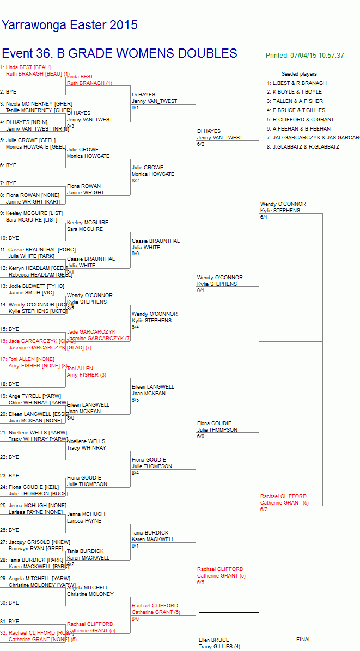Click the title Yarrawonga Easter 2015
[x=69, y=25]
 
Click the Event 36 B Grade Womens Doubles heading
[x=119, y=53]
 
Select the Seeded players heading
[x=299, y=74]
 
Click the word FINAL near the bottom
[x=303, y=639]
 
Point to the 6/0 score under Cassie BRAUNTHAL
[x=135, y=254]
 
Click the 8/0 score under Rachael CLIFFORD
[x=135, y=618]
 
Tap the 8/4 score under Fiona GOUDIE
[x=135, y=472]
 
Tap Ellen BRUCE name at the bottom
[x=213, y=640]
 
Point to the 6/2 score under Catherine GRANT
[x=264, y=509]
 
